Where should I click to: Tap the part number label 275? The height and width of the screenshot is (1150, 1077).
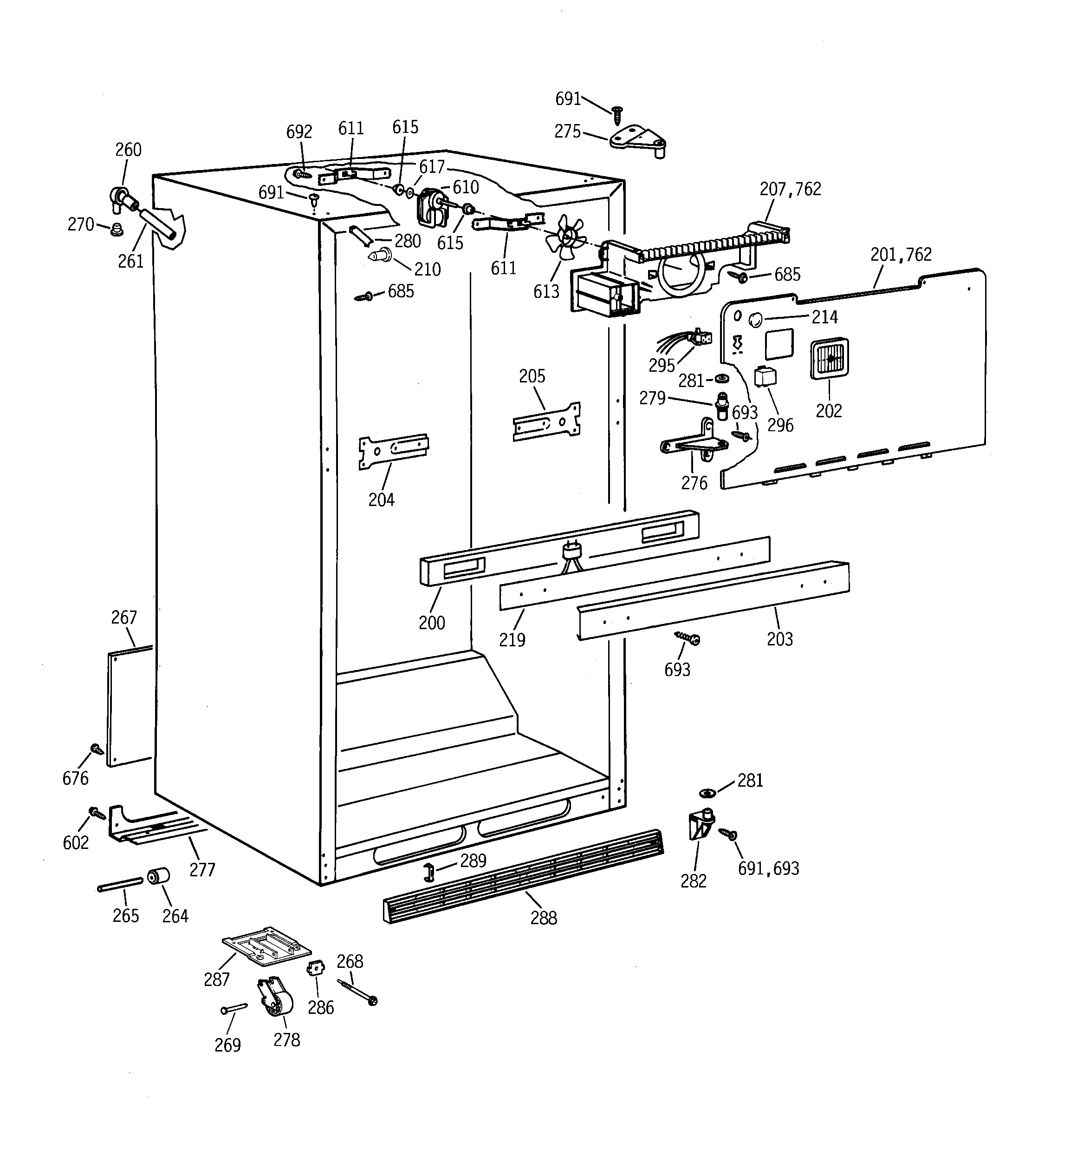coord(567,132)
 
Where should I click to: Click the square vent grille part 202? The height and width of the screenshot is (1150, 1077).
coord(830,358)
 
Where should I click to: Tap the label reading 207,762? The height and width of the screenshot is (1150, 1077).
coord(790,189)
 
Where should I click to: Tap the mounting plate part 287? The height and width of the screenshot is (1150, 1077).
coord(267,947)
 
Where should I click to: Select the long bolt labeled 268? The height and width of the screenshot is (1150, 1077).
coord(358,992)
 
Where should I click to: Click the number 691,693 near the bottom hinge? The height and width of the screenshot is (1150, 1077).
coord(768,868)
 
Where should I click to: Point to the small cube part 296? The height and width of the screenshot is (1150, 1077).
coord(766,376)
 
